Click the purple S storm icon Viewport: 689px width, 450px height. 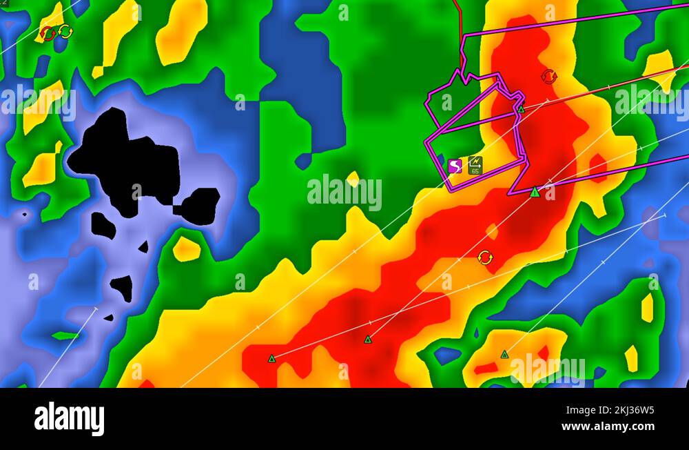(455, 166)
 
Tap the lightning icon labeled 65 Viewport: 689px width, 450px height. (475, 166)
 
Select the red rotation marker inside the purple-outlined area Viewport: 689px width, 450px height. (548, 77)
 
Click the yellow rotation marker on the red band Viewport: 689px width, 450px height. (485, 257)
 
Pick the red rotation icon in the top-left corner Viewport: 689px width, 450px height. (48, 33)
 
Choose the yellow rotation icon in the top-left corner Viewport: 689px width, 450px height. (65, 31)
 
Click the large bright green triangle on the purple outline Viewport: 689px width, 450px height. (535, 192)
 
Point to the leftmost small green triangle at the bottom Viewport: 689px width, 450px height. (271, 358)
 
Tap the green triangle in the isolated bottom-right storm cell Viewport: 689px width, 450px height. (504, 354)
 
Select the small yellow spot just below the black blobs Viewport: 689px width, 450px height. (186, 249)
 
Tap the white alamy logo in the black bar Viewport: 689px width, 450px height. (69, 419)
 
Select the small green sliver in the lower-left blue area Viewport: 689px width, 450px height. (65, 336)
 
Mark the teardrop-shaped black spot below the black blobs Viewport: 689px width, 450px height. (122, 287)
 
